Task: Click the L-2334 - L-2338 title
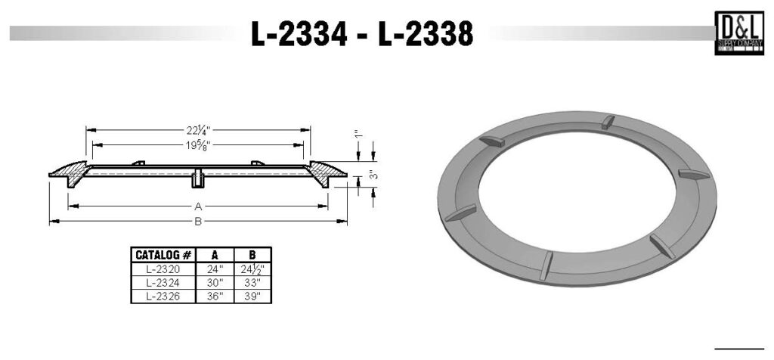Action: pyautogui.click(x=363, y=33)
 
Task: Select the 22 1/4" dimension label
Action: pyautogui.click(x=197, y=129)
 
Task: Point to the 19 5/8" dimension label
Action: pyautogui.click(x=197, y=145)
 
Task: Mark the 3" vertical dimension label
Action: pyautogui.click(x=373, y=175)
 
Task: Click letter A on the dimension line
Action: pyautogui.click(x=198, y=206)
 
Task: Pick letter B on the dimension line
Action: pyautogui.click(x=198, y=222)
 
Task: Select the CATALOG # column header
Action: pyautogui.click(x=162, y=255)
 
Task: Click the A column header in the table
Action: pyautogui.click(x=214, y=255)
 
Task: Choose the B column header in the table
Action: pyautogui.click(x=252, y=255)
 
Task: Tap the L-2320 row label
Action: pyautogui.click(x=162, y=268)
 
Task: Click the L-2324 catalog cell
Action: pyautogui.click(x=162, y=282)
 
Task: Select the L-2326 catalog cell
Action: pyautogui.click(x=162, y=296)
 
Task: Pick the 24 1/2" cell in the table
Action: pyautogui.click(x=252, y=268)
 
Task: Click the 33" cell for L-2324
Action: pyautogui.click(x=252, y=282)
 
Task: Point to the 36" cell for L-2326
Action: pyautogui.click(x=214, y=296)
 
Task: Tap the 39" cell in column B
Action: pyautogui.click(x=252, y=296)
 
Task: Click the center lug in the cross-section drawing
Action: pyautogui.click(x=197, y=178)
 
